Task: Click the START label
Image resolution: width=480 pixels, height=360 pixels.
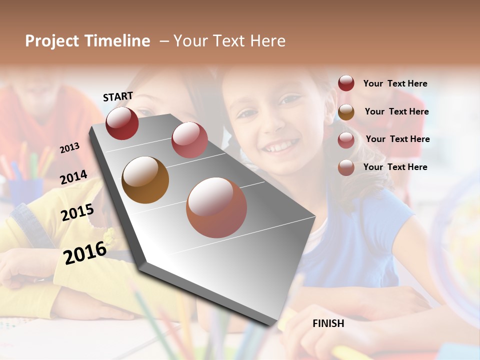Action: [x=118, y=96]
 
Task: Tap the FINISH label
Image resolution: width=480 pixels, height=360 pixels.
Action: [x=328, y=323]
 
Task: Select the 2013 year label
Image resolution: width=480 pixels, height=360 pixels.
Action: [x=69, y=148]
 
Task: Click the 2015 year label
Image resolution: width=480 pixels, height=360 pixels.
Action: [x=77, y=212]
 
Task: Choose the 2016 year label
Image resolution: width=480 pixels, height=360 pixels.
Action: [x=85, y=252]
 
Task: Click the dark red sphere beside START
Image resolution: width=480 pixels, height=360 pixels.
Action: [x=122, y=123]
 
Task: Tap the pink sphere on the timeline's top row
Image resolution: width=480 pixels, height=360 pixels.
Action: [x=189, y=140]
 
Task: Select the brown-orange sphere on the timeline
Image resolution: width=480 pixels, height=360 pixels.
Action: [x=145, y=180]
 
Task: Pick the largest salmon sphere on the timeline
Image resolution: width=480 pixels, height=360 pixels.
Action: [x=216, y=207]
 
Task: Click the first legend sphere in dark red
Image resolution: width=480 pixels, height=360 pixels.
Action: [x=346, y=83]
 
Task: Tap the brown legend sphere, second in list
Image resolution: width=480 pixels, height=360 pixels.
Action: [x=346, y=112]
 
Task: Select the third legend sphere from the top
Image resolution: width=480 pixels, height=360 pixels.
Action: [x=346, y=140]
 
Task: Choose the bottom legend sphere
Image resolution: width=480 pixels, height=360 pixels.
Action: [x=346, y=167]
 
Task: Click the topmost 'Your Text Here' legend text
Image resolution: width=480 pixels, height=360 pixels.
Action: [x=395, y=84]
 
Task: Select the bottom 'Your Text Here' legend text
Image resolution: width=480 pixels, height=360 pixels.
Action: [x=395, y=167]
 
